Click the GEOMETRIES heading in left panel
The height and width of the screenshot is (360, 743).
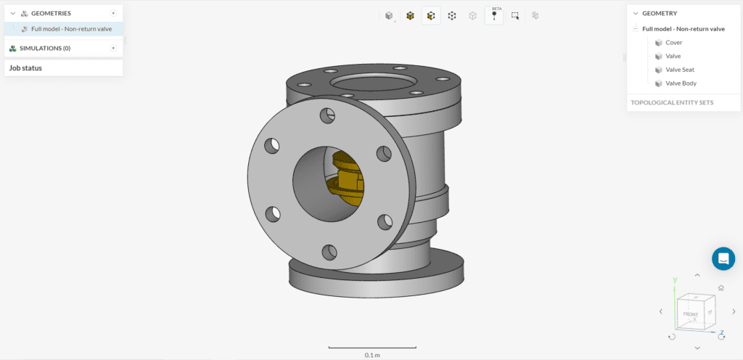[51, 13]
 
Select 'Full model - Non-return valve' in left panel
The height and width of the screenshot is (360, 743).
[71, 29]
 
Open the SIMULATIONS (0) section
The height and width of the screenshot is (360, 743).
[45, 48]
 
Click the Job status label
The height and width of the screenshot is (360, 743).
[25, 67]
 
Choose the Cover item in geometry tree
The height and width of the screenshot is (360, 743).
[673, 42]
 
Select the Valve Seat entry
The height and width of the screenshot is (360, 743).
[681, 70]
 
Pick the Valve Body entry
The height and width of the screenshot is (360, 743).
[681, 83]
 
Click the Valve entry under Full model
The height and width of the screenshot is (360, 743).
[673, 56]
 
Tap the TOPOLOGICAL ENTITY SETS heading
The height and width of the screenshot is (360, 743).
[672, 102]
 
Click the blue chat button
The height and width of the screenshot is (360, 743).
[723, 258]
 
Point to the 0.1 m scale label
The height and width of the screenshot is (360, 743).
[372, 355]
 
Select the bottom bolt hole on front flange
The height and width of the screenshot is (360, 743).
[329, 251]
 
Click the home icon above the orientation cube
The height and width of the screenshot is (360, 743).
[721, 288]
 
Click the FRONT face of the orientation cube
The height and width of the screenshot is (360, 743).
[691, 314]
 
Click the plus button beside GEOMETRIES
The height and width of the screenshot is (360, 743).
[113, 13]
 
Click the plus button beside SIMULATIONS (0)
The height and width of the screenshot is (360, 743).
[113, 48]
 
